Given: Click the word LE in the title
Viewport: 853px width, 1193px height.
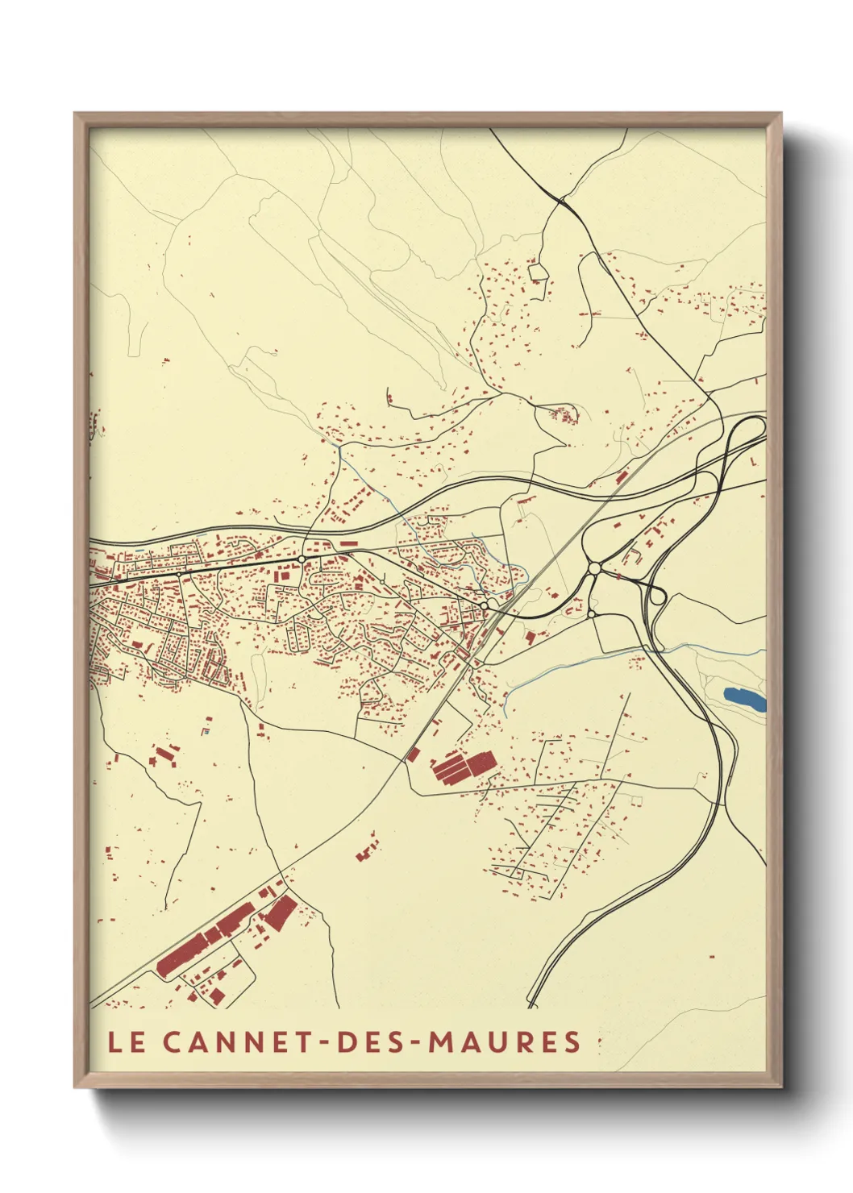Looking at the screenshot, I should click(127, 1041).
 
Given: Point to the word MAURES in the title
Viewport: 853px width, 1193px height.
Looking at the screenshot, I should click(504, 1041).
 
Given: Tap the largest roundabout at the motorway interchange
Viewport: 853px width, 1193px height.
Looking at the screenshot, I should click(594, 569).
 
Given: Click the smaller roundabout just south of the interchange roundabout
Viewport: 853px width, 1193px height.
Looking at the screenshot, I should click(591, 614).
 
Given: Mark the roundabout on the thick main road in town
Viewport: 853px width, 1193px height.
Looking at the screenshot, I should click(301, 559).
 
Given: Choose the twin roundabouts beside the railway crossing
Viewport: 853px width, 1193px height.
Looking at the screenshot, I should click(487, 605).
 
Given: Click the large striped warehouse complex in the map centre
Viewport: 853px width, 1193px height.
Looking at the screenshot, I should click(463, 767).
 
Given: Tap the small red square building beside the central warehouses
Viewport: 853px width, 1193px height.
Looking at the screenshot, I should click(413, 754).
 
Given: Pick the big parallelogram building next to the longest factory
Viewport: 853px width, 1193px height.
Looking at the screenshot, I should click(281, 914).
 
